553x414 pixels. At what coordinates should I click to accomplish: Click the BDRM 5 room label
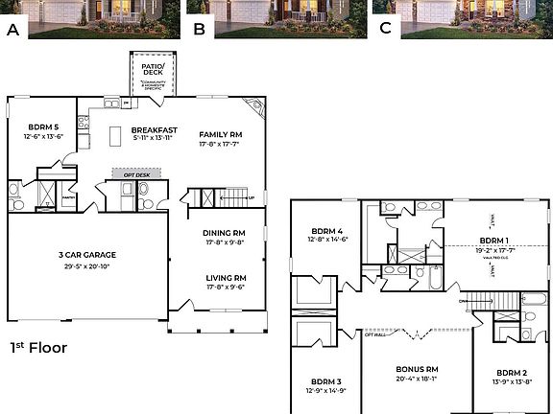point(43,126)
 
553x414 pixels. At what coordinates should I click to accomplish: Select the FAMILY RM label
point(220,134)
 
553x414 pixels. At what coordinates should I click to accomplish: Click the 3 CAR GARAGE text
point(87,254)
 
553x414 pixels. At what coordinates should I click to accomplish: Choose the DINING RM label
point(224,233)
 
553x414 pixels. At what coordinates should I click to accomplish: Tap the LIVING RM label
point(224,278)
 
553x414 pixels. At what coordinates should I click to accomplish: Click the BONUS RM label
point(417,368)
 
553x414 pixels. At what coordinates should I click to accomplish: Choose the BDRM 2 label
point(512,372)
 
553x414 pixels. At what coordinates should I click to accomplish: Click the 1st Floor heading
point(38,348)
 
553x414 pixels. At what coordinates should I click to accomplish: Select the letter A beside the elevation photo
point(13,29)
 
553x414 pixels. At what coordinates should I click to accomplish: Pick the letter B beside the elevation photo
point(199,29)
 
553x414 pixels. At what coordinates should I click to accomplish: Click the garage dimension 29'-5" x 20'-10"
point(87,265)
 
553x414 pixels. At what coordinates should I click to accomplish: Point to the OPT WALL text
point(375,334)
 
